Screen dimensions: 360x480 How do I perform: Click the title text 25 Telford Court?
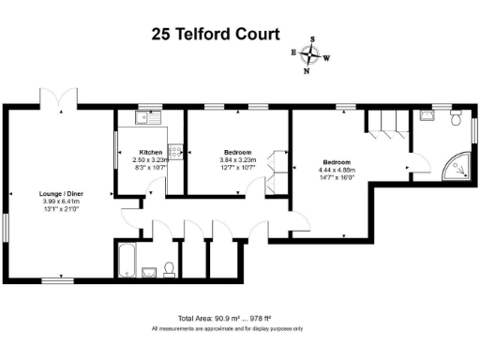tap(216, 35)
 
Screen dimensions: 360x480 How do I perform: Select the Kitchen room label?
tap(151, 152)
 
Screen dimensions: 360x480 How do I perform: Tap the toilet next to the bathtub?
tap(169, 270)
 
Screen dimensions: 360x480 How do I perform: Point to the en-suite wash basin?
tap(427, 115)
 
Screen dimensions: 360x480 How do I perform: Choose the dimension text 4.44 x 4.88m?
tap(337, 169)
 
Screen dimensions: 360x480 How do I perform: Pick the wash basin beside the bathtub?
tap(149, 273)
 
